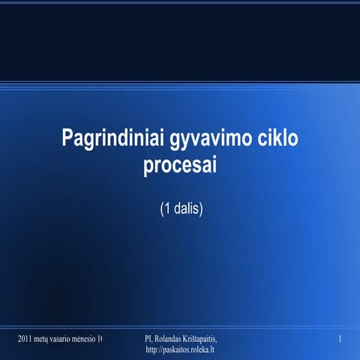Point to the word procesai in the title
click(x=179, y=165)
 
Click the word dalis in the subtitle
click(x=184, y=209)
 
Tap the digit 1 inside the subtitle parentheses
click(x=166, y=209)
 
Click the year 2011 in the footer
click(x=25, y=340)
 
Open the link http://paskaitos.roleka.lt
click(x=180, y=350)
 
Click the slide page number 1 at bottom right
click(x=340, y=340)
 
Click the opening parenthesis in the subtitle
click(x=160, y=209)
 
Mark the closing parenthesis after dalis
click(x=200, y=209)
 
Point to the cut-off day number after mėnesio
click(x=100, y=340)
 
